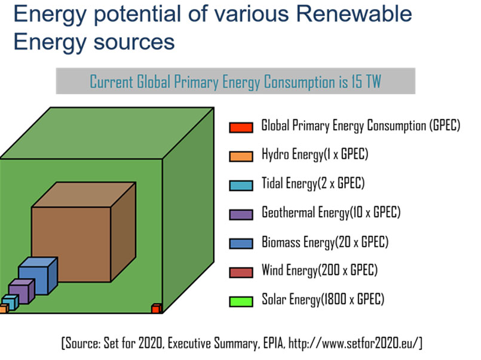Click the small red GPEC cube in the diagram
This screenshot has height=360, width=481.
156,309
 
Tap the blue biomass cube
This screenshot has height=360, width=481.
33,279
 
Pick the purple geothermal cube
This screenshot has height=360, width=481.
19,293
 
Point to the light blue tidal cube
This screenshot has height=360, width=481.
9,301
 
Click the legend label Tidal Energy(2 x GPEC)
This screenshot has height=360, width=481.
313,183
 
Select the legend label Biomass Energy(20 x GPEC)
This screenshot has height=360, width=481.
325,242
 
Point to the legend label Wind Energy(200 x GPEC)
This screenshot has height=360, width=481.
319,271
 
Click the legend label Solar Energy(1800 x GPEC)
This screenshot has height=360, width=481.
323,300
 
